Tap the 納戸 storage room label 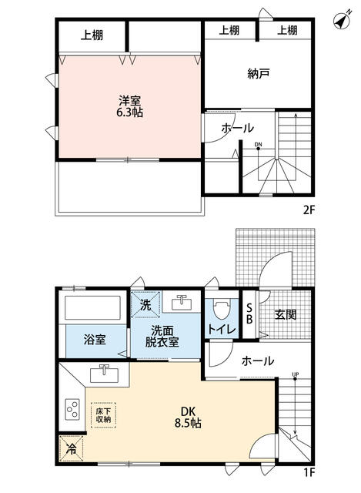(258, 75)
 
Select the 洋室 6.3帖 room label (129, 106)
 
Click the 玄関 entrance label (286, 315)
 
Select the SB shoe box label (249, 316)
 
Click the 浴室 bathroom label (95, 339)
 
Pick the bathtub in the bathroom (93, 308)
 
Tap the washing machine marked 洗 (145, 304)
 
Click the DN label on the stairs (259, 144)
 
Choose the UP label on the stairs (295, 376)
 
